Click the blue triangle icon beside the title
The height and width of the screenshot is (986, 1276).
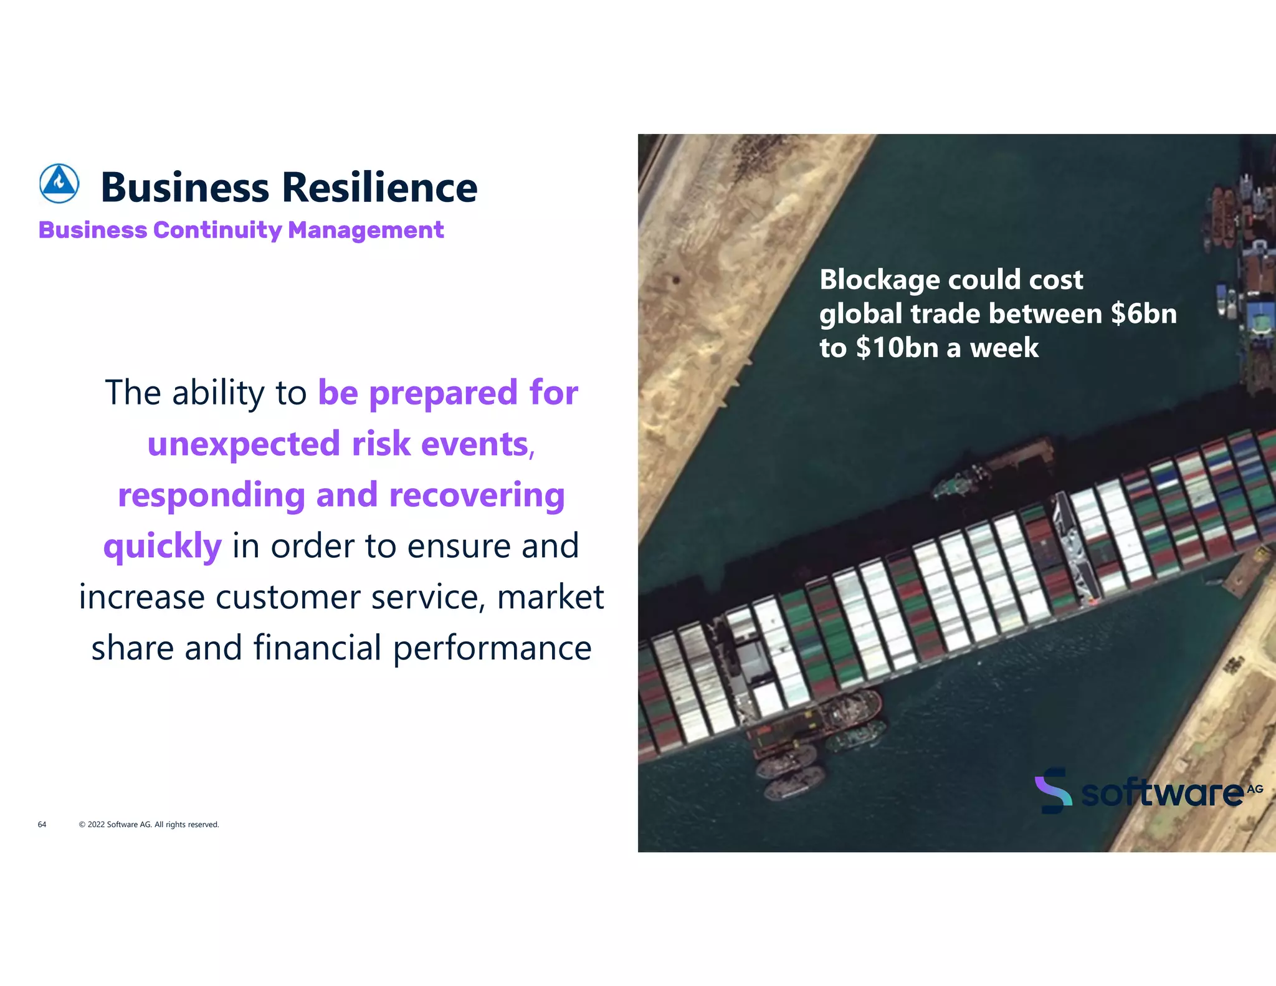59,184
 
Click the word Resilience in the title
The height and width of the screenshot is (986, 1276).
379,187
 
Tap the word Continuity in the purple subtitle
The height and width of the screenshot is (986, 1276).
218,230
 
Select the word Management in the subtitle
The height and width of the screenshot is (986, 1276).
366,230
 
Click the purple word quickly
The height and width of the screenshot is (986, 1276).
163,547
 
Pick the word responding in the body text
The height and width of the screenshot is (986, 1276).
211,495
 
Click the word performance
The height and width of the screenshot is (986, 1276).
492,648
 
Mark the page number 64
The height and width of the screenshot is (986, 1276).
42,825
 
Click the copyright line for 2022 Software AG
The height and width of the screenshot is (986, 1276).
149,825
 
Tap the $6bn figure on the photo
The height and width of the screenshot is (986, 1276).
1144,314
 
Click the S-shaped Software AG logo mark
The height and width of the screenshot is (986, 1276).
1053,790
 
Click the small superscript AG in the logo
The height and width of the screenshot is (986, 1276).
1255,789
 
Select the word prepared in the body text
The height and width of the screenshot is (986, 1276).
443,393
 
